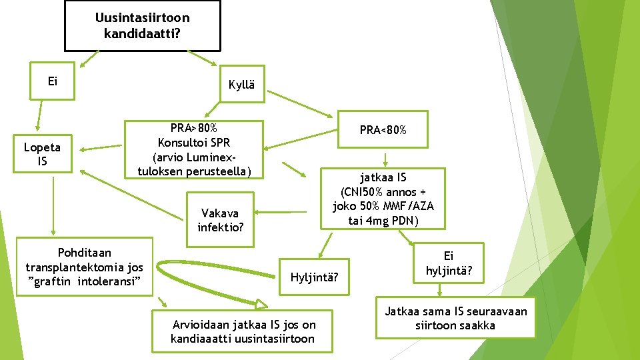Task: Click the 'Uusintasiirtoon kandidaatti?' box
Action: (x=142, y=25)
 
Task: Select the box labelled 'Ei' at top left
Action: (x=53, y=81)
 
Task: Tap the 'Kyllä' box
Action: (x=241, y=84)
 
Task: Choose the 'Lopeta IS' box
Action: (x=43, y=154)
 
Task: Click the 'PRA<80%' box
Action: (x=383, y=130)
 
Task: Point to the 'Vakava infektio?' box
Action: (x=221, y=220)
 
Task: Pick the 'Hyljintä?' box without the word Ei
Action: (x=315, y=275)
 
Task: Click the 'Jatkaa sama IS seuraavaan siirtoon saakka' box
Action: (x=455, y=318)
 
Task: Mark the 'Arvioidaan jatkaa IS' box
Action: (x=243, y=331)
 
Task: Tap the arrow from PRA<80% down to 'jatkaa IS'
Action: (x=385, y=160)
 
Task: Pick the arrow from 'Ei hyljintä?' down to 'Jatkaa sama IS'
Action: (x=440, y=290)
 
